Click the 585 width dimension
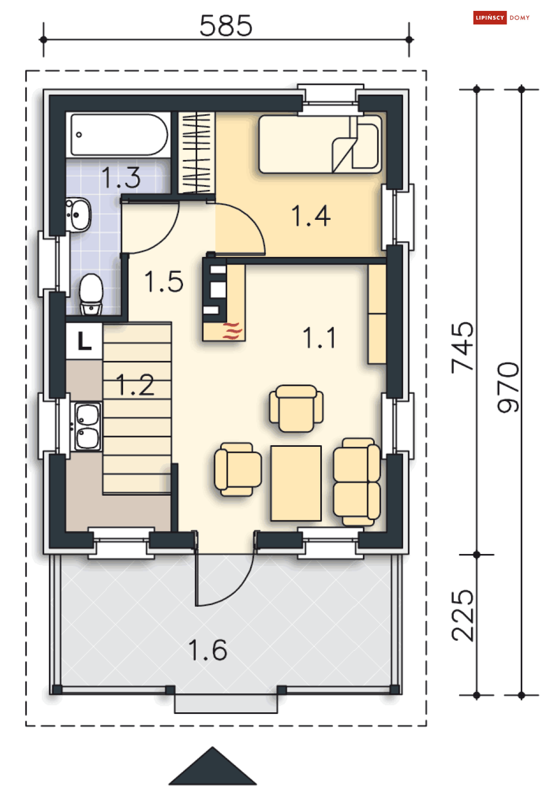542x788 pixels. click(x=226, y=26)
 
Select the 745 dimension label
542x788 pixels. click(x=462, y=348)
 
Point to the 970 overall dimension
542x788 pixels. click(x=508, y=387)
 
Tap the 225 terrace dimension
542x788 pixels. click(x=462, y=615)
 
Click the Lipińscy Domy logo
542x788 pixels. click(x=501, y=17)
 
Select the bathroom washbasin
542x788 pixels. click(x=78, y=214)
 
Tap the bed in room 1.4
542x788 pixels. click(x=320, y=144)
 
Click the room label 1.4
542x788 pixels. click(x=311, y=216)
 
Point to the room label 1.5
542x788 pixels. click(x=164, y=281)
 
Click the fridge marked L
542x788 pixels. click(x=84, y=341)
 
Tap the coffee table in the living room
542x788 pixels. click(x=296, y=483)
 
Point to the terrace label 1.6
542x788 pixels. click(x=208, y=650)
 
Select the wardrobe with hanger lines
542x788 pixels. click(x=197, y=153)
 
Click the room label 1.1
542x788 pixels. click(x=319, y=338)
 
